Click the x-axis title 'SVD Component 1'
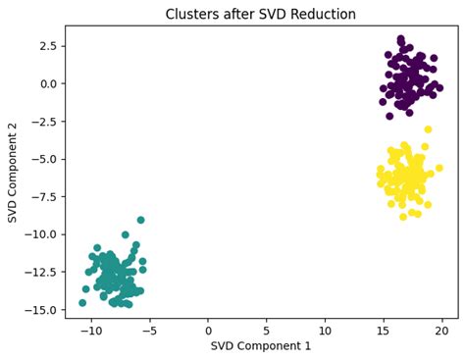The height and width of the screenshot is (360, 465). click(x=261, y=347)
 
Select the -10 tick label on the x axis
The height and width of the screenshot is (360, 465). click(x=90, y=329)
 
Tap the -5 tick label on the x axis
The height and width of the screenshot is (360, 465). click(x=149, y=329)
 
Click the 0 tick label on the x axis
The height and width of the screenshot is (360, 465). click(x=208, y=329)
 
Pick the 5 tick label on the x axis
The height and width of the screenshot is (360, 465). click(x=267, y=329)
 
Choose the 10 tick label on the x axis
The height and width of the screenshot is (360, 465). click(x=325, y=329)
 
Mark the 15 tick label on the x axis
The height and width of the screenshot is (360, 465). click(x=384, y=329)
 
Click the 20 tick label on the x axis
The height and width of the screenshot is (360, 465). click(x=442, y=329)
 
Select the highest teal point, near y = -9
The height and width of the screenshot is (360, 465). click(x=141, y=220)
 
